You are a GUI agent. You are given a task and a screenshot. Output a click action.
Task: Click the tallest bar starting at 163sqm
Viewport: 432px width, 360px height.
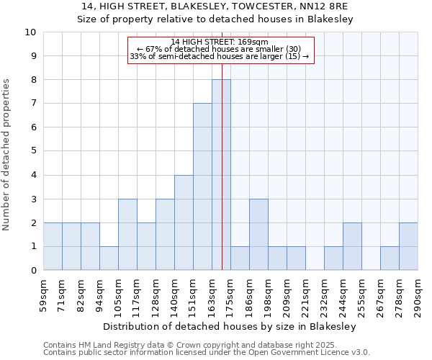[221, 175]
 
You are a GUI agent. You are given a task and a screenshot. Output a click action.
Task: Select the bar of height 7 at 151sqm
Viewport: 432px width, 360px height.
[202, 186]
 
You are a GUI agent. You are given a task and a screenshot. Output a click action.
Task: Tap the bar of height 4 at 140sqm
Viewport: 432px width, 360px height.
[184, 222]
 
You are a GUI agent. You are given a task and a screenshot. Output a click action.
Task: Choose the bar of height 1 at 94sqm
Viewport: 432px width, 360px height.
[109, 258]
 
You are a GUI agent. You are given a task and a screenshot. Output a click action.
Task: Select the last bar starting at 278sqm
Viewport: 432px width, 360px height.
[408, 246]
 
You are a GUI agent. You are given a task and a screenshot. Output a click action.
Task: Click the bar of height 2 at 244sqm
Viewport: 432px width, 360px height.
[352, 246]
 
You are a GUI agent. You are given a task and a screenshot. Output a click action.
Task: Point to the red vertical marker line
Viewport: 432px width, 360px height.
[222, 180]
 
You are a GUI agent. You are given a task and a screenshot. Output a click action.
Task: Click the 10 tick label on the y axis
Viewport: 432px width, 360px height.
[30, 32]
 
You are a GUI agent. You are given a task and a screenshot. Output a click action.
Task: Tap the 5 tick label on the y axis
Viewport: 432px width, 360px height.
[33, 151]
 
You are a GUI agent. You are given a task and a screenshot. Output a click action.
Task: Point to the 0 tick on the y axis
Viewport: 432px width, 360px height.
[33, 270]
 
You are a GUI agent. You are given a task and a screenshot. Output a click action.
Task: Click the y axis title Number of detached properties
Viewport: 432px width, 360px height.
[7, 155]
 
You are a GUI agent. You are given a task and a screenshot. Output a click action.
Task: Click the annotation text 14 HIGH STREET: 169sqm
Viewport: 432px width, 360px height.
[220, 42]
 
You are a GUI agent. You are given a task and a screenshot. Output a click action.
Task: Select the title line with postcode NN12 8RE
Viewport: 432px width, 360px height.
[215, 6]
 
